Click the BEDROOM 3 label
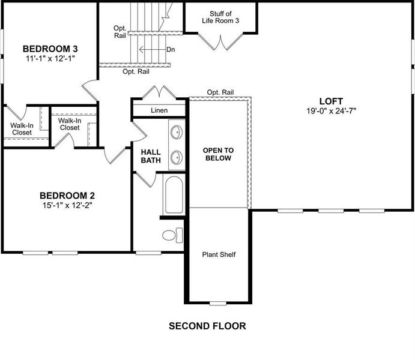coord(50,49)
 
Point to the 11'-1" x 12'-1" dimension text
coord(50,58)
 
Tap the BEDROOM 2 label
coord(67,195)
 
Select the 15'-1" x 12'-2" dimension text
coord(67,205)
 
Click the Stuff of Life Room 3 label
coord(221,17)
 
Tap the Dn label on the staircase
coord(170,49)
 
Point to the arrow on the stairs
coord(151,49)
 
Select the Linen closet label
coord(159,110)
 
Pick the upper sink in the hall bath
coord(177,133)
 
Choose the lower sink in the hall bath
coord(177,157)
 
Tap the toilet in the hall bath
coord(172,236)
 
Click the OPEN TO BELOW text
coord(217,154)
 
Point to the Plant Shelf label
coord(219,254)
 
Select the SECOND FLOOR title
coord(207,326)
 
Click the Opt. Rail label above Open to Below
coord(220,92)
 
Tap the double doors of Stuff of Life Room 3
coord(221,43)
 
